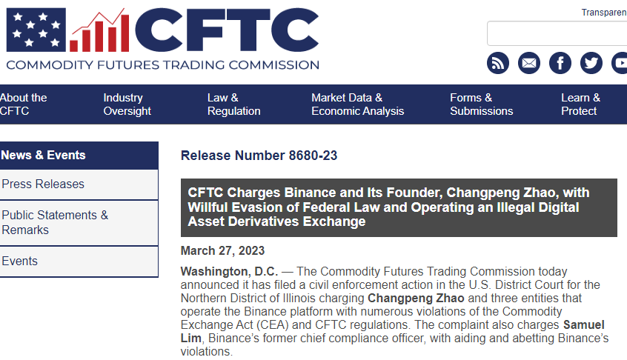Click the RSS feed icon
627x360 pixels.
tap(498, 63)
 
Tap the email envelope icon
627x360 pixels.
tap(529, 63)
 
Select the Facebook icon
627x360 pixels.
tap(560, 63)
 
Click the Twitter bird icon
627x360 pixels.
tap(591, 63)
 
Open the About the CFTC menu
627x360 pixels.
tap(23, 104)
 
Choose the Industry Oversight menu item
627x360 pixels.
tap(127, 104)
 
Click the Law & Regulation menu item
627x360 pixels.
tap(234, 104)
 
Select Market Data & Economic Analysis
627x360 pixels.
tap(358, 104)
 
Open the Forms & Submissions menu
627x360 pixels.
tap(482, 104)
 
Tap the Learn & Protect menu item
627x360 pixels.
tap(580, 104)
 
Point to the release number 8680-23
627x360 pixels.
tap(313, 156)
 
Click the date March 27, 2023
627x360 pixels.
tap(222, 250)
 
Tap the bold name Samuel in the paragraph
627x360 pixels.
tap(584, 325)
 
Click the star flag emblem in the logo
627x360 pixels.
tap(36, 30)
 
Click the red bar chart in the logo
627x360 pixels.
tap(99, 31)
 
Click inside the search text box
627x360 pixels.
tap(557, 33)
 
